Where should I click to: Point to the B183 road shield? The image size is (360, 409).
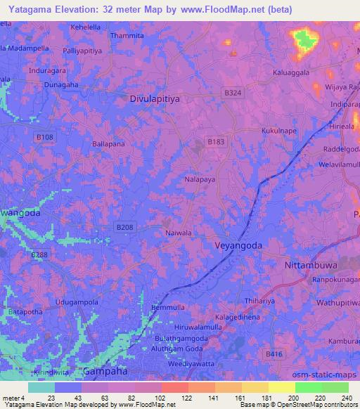pos(216,142)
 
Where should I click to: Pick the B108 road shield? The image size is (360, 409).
pos(45,137)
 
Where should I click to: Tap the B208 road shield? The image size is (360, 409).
pos(124,227)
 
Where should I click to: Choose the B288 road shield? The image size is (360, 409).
pos(40,254)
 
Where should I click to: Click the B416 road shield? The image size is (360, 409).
pos(281,356)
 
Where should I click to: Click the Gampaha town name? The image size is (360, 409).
pos(103,370)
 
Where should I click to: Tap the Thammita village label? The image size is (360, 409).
pos(127,35)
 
